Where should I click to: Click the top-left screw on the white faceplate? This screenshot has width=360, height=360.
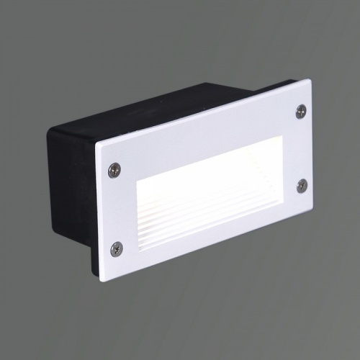pos(114,170)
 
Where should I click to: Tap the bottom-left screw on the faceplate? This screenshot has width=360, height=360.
pos(117,248)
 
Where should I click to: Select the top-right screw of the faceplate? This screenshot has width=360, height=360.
pos(301,111)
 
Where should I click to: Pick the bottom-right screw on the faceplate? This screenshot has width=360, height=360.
pos(302,184)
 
